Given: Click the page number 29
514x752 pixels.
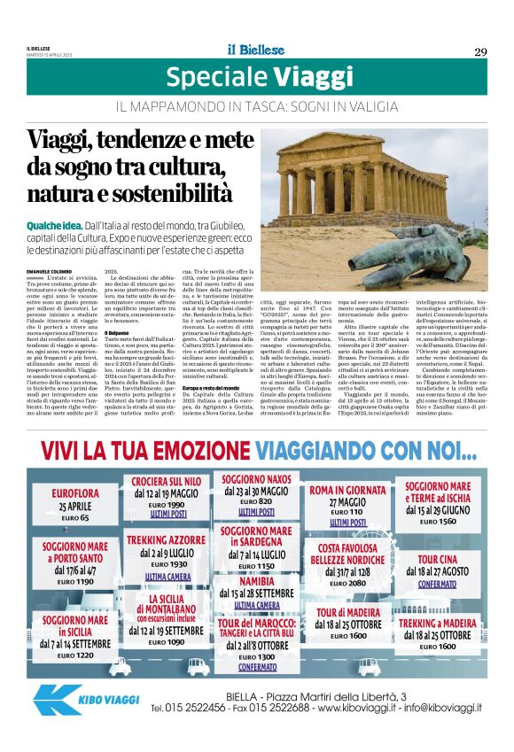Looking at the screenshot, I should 479,51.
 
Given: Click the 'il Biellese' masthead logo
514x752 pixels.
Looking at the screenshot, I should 256,50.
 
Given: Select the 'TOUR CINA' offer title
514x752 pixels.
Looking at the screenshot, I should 436,559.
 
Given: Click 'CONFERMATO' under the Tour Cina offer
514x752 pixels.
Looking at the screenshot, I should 437,585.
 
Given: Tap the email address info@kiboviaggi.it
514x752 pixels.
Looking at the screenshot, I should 440,708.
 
